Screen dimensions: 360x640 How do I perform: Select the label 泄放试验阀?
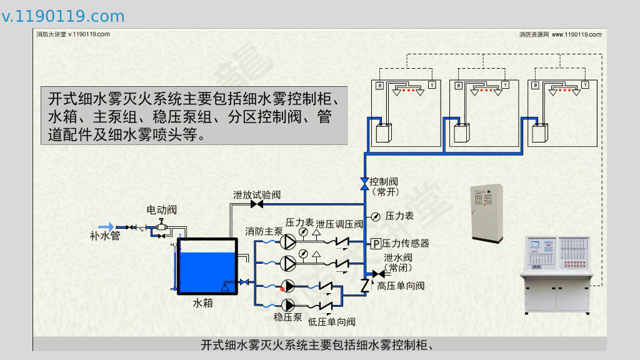(x=256, y=194)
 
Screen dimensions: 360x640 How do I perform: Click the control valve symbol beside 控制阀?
(x=364, y=182)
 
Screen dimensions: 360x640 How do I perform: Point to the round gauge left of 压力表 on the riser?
(x=375, y=216)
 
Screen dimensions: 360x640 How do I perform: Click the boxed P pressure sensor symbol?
(x=376, y=243)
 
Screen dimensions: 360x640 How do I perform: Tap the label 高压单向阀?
(x=401, y=286)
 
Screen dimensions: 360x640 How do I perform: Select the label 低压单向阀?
(x=331, y=322)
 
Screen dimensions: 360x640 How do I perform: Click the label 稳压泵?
(x=287, y=317)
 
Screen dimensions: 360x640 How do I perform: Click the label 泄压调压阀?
(x=339, y=224)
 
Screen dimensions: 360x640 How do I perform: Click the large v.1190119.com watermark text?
(x=63, y=16)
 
